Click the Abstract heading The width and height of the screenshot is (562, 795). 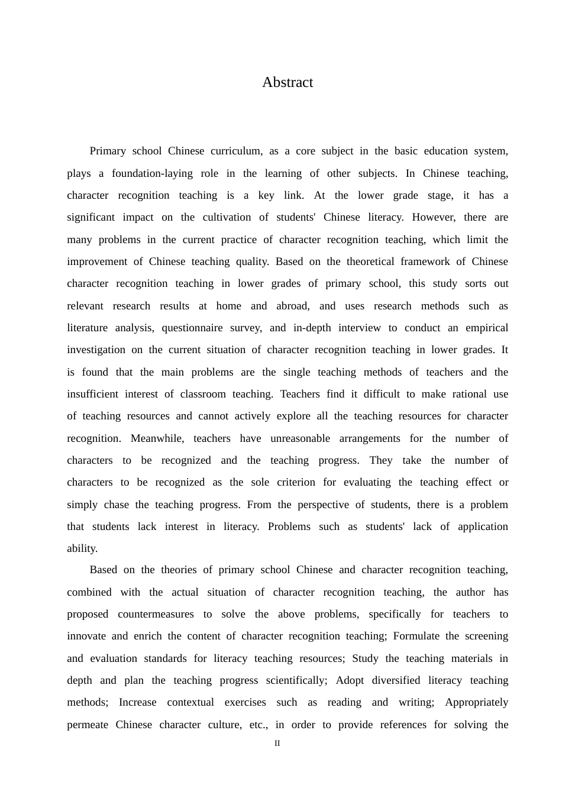(288, 82)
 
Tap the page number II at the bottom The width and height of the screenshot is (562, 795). (277, 743)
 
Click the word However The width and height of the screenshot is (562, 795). (434, 217)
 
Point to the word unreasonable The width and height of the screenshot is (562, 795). (300, 438)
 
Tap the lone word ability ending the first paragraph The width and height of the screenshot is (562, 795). (82, 548)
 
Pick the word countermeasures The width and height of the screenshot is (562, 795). (156, 614)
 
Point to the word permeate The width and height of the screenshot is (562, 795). (88, 725)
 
